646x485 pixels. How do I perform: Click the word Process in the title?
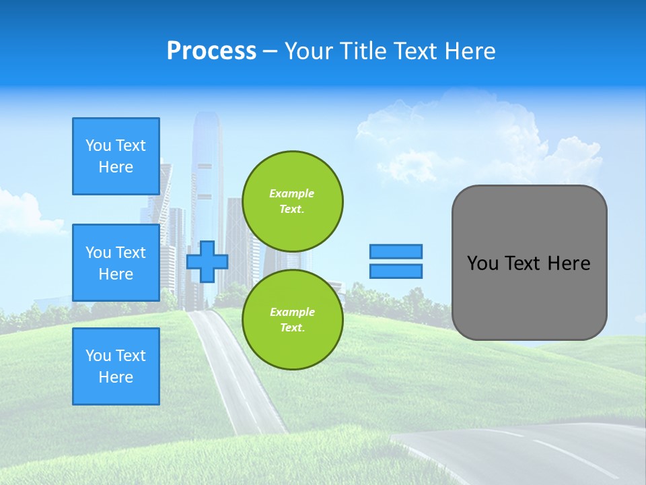[x=211, y=51]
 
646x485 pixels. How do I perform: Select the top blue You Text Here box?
[x=116, y=156]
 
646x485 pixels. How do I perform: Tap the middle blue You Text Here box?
[x=116, y=263]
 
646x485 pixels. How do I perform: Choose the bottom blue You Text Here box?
[x=116, y=366]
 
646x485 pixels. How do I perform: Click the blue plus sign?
[x=207, y=262]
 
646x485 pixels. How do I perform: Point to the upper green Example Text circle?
[x=292, y=201]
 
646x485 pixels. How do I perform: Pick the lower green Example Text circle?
[x=292, y=320]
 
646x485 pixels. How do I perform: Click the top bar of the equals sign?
[x=396, y=251]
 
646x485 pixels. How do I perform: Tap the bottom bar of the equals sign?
[x=396, y=271]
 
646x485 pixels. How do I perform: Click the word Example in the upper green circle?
[x=291, y=193]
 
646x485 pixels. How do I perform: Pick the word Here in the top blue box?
[x=116, y=167]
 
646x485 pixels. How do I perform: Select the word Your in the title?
[x=308, y=51]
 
